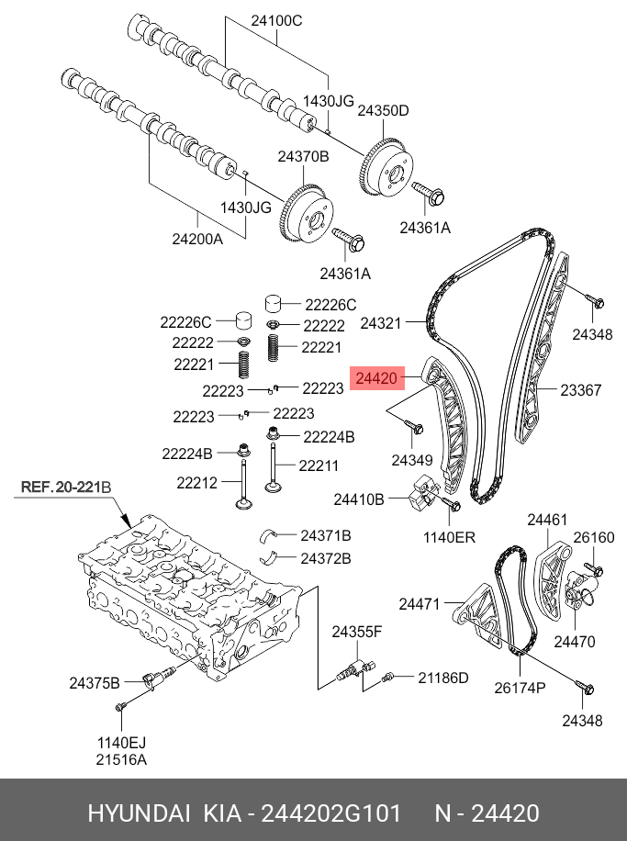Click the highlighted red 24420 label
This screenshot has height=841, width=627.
pos(375,378)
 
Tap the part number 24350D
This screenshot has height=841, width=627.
pos(383,110)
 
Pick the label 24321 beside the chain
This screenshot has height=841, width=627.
pos(381,323)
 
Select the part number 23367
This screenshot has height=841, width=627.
pos(580,390)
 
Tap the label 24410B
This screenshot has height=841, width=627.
pos(358,499)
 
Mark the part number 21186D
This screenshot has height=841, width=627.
pos(443,678)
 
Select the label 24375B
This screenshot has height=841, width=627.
pos(95,682)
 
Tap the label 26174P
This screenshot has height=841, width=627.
pos(520,688)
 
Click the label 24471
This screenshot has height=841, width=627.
pos(420,603)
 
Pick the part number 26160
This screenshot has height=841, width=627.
pos(594,537)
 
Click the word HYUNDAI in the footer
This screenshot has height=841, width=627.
pos(140,813)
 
